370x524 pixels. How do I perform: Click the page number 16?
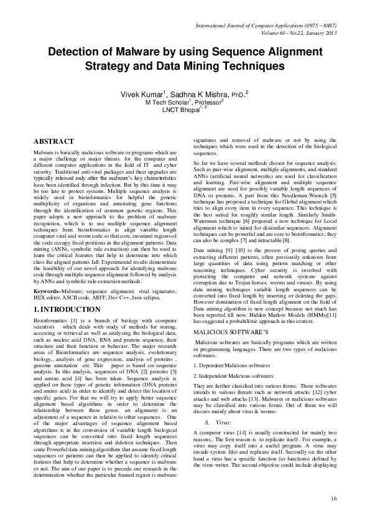[333, 498]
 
